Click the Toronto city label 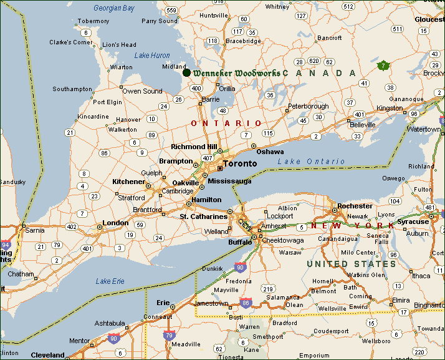(x=239, y=163)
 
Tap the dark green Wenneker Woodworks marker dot (x=186, y=73)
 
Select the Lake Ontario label (x=311, y=162)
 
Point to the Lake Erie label (x=110, y=281)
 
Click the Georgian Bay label (x=113, y=8)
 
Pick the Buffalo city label (x=239, y=241)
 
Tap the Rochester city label (x=355, y=206)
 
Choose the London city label (x=115, y=223)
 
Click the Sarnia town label (x=34, y=230)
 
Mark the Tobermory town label (x=93, y=21)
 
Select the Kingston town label (x=390, y=108)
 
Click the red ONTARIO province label (x=226, y=124)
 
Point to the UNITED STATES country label (x=351, y=264)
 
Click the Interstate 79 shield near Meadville (x=169, y=335)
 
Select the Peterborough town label (x=308, y=107)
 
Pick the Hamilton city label (x=206, y=200)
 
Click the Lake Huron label (x=152, y=56)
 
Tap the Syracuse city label (x=413, y=221)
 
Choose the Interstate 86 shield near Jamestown (x=246, y=303)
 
